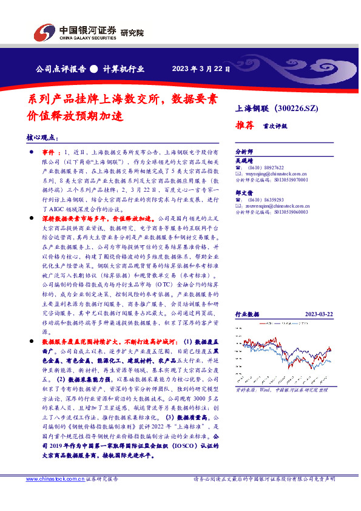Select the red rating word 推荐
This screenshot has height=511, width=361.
[x=244, y=127]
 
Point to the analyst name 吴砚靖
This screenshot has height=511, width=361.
[x=243, y=161]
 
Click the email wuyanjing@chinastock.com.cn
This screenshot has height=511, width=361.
[x=272, y=174]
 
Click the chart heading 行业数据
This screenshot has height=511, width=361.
[x=247, y=314]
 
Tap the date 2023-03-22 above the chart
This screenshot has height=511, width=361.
[x=318, y=314]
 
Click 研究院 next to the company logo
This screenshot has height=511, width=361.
[x=132, y=33]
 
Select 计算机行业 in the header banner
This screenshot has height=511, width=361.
[x=125, y=69]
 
